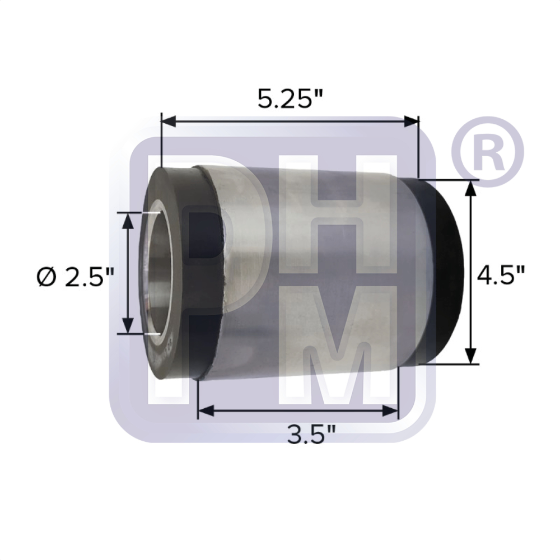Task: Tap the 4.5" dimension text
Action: click(500, 276)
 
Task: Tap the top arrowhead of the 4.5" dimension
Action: click(471, 188)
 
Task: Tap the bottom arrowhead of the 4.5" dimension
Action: click(471, 355)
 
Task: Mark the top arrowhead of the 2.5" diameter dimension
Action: click(128, 221)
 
